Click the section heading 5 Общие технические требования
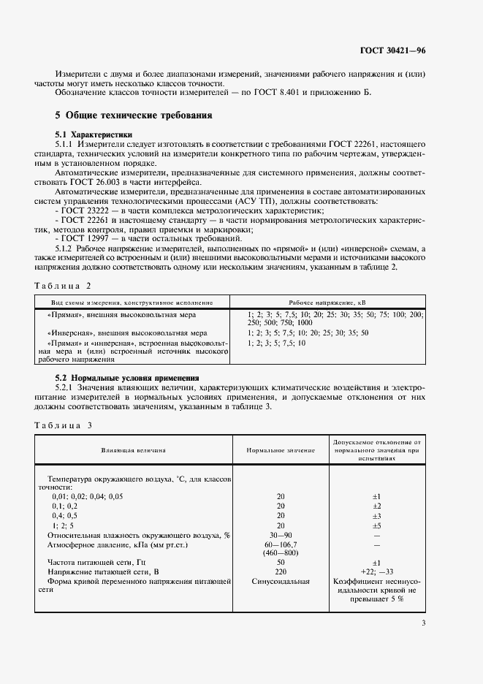(134, 115)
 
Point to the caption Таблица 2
(64, 286)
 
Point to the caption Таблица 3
(64, 425)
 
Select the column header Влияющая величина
(134, 451)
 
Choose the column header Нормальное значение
(281, 451)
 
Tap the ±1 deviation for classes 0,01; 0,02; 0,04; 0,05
(377, 496)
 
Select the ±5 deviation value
(377, 525)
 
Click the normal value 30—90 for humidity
(281, 535)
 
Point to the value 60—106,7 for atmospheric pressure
(281, 544)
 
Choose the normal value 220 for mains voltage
(281, 572)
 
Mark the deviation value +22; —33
(377, 572)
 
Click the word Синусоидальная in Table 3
(281, 582)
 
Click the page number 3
(423, 623)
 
